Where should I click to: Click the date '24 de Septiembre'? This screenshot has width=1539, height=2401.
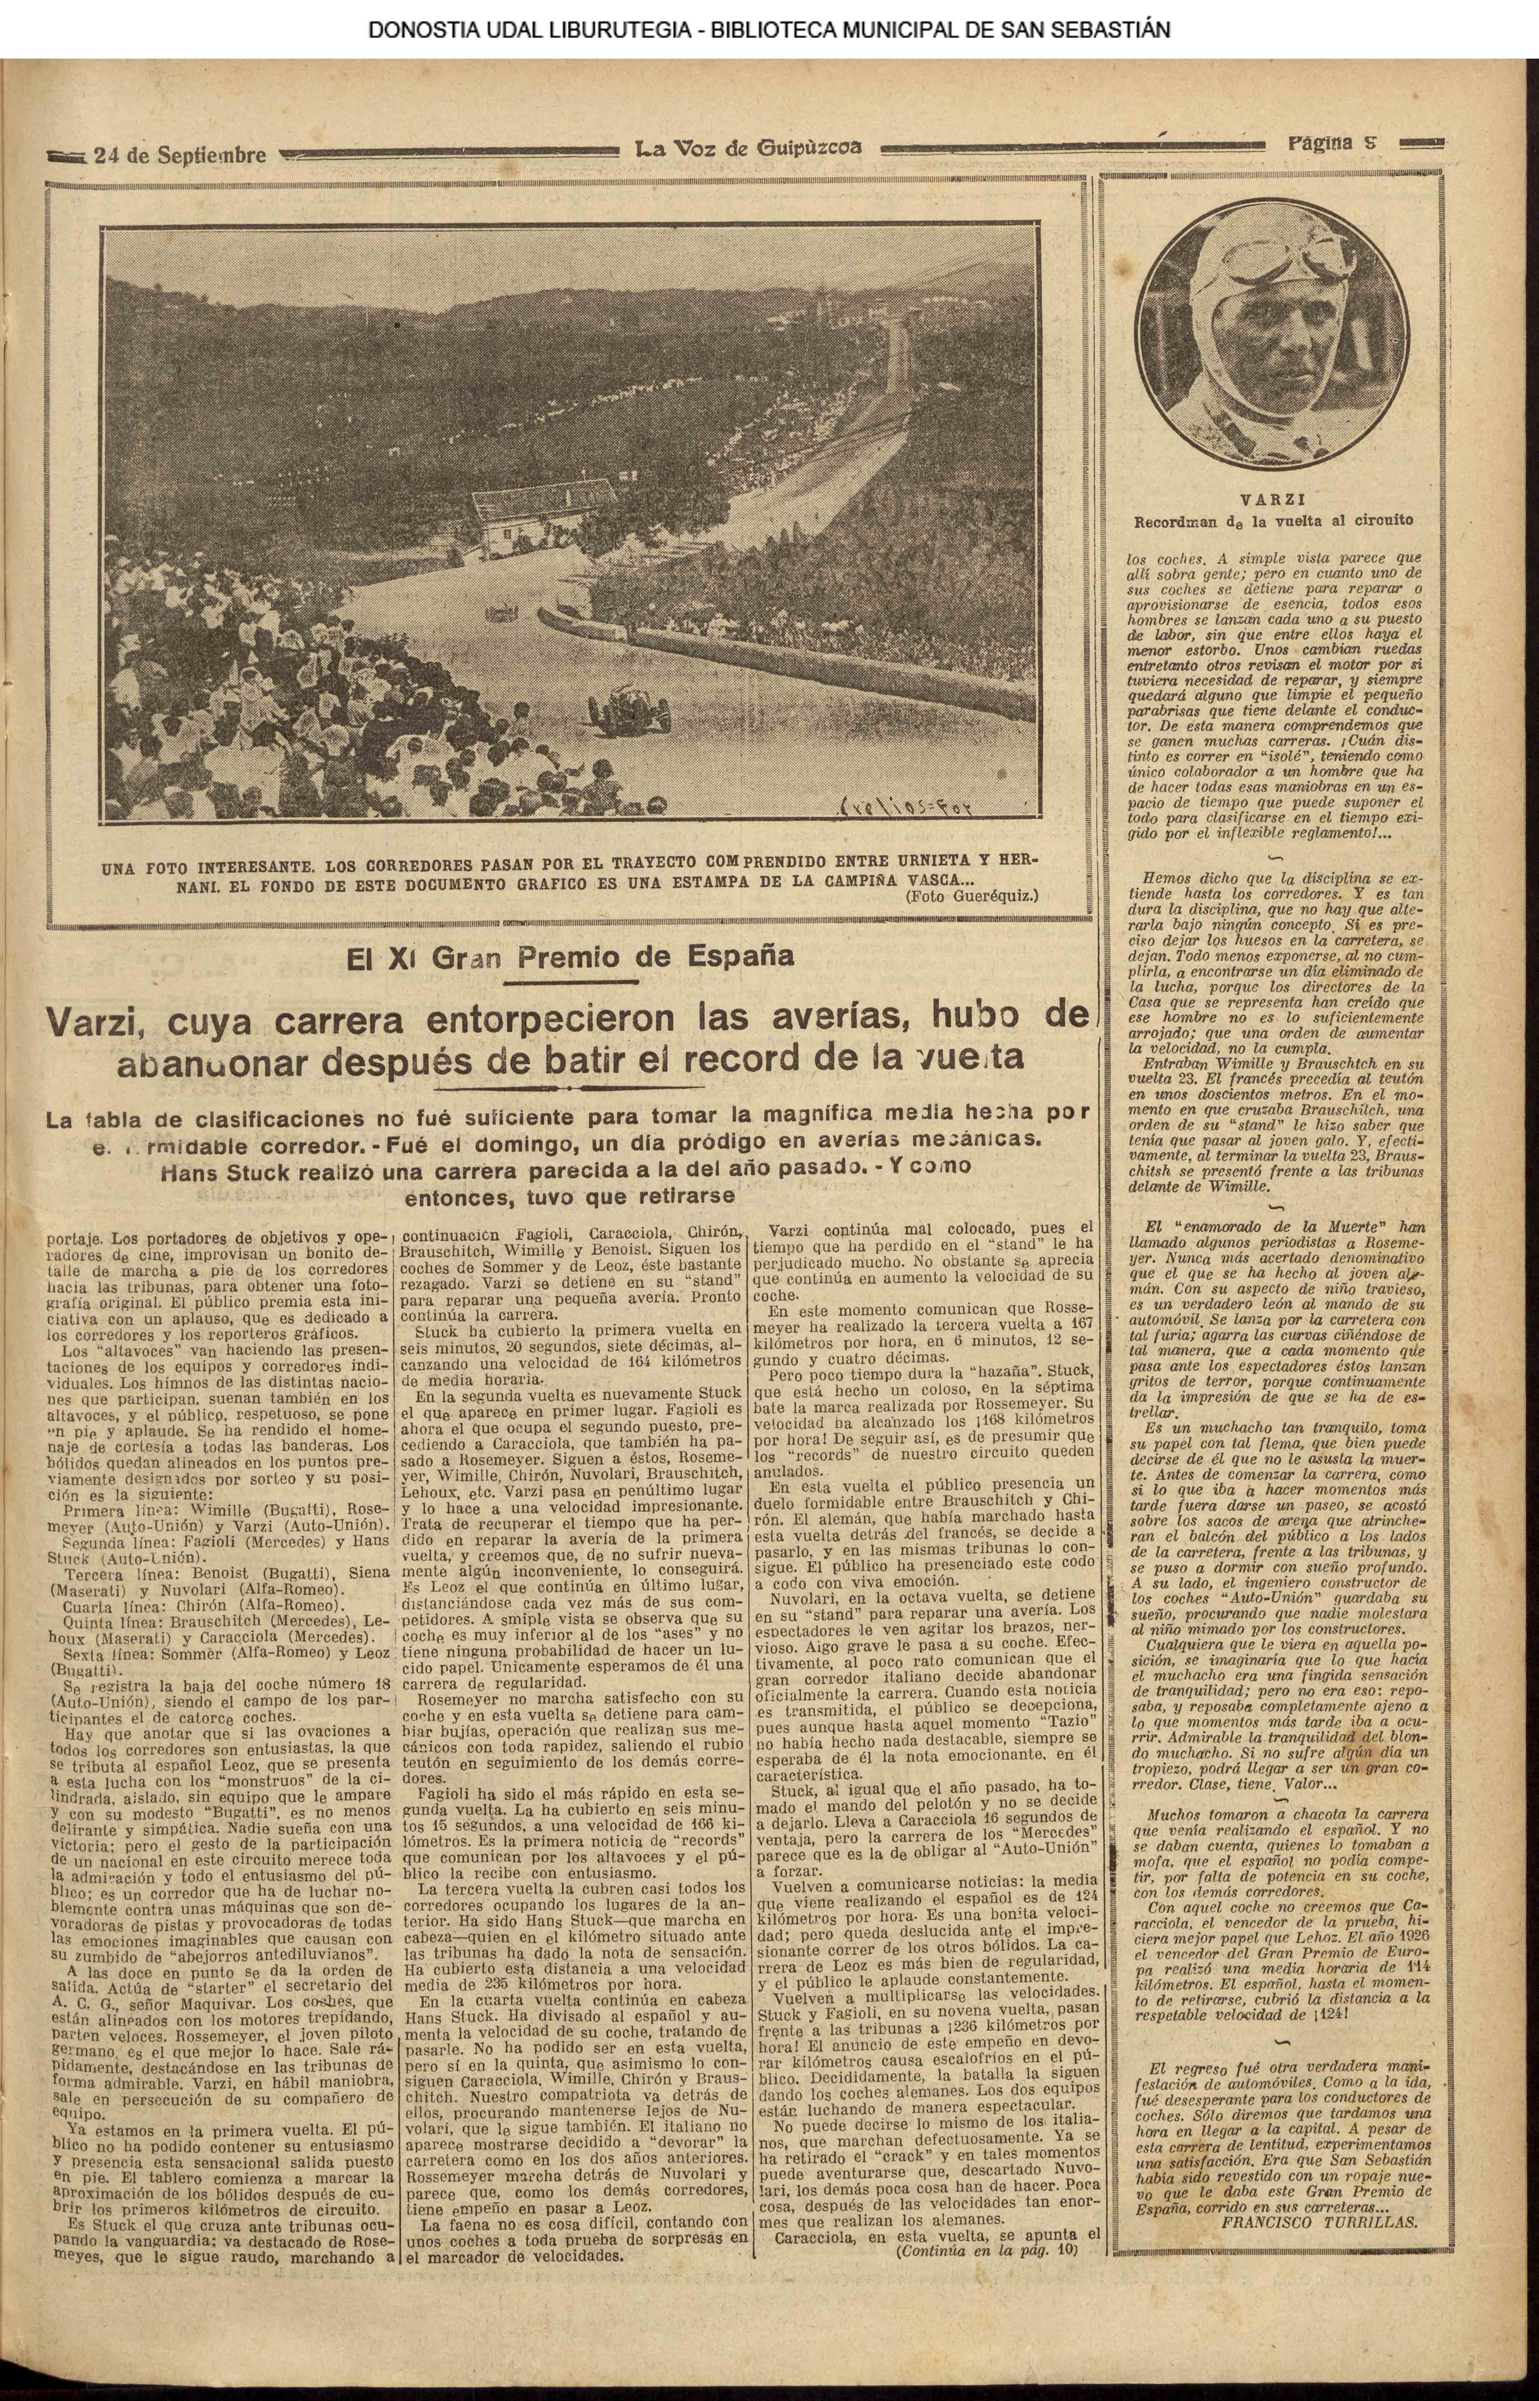click(x=180, y=156)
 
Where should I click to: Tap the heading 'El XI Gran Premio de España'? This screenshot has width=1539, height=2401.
click(x=570, y=957)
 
